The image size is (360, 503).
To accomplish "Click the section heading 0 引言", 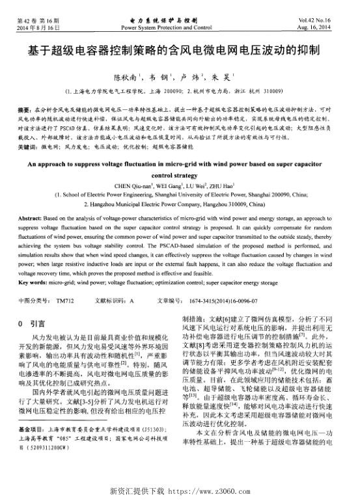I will pos(32,323).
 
